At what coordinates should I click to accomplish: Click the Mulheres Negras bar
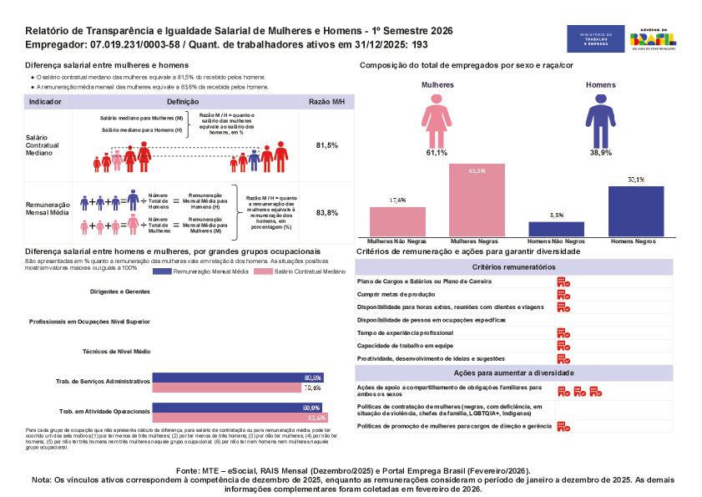tap(477, 200)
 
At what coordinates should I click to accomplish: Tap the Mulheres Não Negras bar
tap(397, 221)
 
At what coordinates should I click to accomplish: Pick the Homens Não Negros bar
tap(557, 228)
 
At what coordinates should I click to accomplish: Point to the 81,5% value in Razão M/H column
tap(327, 145)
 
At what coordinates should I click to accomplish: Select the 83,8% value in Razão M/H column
tap(327, 213)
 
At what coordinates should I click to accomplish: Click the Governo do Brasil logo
tap(653, 38)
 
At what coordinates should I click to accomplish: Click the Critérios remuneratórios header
tap(513, 266)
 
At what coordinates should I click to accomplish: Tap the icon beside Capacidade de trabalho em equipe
tap(563, 345)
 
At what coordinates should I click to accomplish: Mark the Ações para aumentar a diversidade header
tap(513, 373)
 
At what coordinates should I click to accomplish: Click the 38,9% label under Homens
tap(600, 153)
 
